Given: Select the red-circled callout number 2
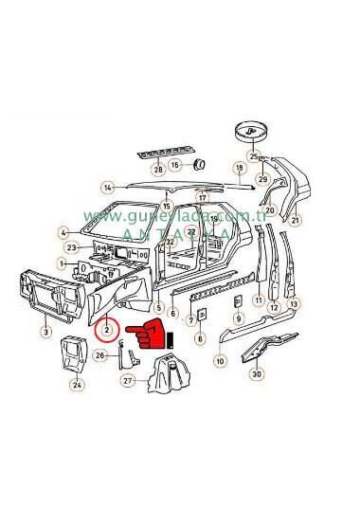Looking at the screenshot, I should pyautogui.click(x=109, y=330).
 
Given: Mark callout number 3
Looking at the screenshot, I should pyautogui.click(x=45, y=332).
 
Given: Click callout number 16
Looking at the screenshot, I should pyautogui.click(x=174, y=165).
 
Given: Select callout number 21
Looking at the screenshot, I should pyautogui.click(x=296, y=221).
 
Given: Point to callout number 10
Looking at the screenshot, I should pyautogui.click(x=220, y=361).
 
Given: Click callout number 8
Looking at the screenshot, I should pyautogui.click(x=200, y=337).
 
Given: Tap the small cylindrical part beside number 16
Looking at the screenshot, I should pyautogui.click(x=200, y=165).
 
